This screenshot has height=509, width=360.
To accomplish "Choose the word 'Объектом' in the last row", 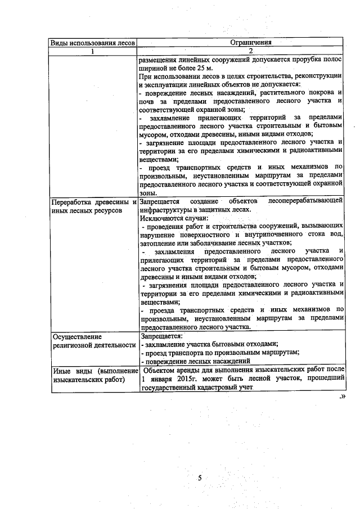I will click(x=161, y=371).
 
